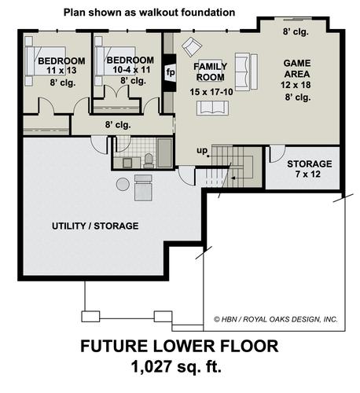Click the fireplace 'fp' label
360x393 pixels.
(x=171, y=72)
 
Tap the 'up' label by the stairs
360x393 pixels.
(x=202, y=151)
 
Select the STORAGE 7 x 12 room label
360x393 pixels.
(x=310, y=169)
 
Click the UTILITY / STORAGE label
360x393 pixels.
(x=95, y=226)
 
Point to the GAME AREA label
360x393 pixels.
(x=297, y=68)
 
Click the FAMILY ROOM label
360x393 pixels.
(x=211, y=72)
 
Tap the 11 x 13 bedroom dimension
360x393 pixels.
(x=61, y=71)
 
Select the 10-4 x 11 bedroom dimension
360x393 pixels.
(x=131, y=70)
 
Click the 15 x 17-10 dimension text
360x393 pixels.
(x=211, y=92)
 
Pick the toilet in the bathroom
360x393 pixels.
(x=149, y=160)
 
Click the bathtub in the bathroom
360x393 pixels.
(x=164, y=153)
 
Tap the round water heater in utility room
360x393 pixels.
(x=123, y=184)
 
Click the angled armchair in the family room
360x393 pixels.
(x=192, y=47)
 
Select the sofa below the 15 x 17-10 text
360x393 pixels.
(x=212, y=108)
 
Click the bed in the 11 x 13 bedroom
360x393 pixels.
(x=46, y=61)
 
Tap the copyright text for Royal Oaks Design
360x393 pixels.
(x=276, y=319)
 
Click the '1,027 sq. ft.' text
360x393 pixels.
(x=176, y=366)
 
